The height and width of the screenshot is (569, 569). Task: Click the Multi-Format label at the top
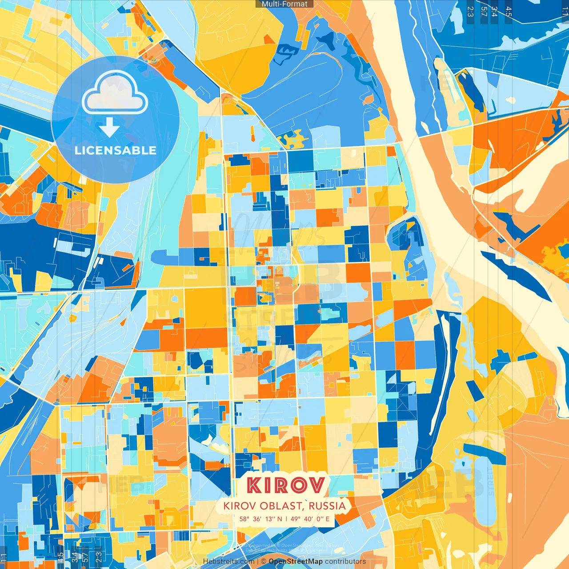coord(284,4)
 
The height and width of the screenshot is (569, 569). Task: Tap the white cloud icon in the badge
coord(115,94)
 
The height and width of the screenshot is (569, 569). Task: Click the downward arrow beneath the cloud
coord(109,128)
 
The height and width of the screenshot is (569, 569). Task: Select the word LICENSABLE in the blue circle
coord(116,150)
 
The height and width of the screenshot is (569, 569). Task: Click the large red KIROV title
coord(285,485)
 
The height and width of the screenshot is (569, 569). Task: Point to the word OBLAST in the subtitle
coord(281,506)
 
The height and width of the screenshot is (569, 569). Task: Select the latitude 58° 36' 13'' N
coord(260,519)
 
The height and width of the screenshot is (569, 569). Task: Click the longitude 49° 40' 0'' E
coord(310,519)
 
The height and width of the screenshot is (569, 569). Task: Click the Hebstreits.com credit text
coord(228,561)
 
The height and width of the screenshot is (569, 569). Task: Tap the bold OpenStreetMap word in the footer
coord(296,561)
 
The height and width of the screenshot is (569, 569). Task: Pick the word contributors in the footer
coord(345,561)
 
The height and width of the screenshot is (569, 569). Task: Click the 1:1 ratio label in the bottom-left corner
coord(4,557)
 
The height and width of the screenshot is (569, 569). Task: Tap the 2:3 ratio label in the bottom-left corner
coord(99,557)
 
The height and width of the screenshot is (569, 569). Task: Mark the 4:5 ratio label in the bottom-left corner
coord(60,557)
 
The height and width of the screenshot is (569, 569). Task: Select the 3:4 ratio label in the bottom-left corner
coord(74,557)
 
